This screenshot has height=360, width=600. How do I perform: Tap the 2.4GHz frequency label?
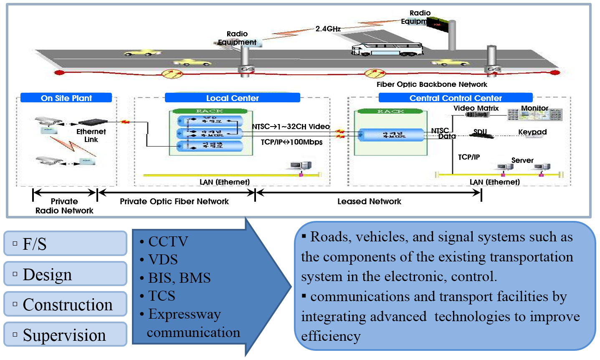tap(328, 29)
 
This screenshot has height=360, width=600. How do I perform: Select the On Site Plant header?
tap(66, 98)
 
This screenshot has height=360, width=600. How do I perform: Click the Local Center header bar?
tap(232, 98)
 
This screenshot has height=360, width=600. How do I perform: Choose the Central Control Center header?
tap(455, 98)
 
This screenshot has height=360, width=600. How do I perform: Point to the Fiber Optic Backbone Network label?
tap(432, 84)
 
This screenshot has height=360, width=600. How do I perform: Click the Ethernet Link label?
tap(91, 135)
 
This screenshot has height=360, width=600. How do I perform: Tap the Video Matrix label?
tap(476, 108)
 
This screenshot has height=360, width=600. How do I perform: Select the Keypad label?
tap(532, 132)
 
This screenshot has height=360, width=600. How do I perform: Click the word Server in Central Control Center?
tap(522, 160)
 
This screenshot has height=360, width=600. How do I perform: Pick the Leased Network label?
tap(369, 201)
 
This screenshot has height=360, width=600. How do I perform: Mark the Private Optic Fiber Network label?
tap(174, 201)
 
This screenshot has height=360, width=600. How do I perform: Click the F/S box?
tap(65, 243)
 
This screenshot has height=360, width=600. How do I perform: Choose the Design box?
tap(65, 274)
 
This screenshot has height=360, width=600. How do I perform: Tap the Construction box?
tap(65, 304)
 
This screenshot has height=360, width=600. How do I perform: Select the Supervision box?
tap(65, 335)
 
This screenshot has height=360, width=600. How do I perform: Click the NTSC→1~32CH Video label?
tap(291, 127)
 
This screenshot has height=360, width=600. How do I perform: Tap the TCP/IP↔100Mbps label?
tap(291, 142)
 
